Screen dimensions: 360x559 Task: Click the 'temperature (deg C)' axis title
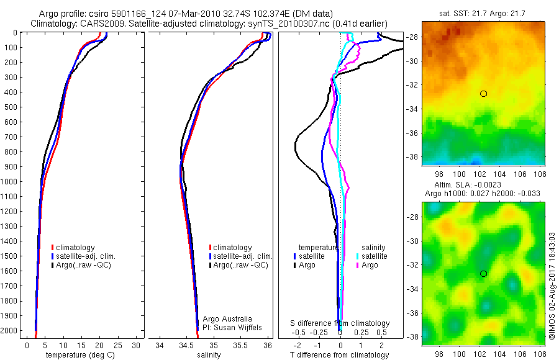[x=78, y=355]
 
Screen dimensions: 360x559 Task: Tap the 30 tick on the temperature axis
[x=137, y=344]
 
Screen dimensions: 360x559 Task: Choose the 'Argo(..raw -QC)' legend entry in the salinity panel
[x=239, y=265]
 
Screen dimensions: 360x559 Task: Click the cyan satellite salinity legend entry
[x=371, y=256]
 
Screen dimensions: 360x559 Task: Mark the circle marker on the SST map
[x=483, y=93]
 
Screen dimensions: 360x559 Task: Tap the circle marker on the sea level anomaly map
[x=483, y=273]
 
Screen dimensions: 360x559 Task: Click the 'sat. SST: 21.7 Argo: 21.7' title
[x=483, y=13]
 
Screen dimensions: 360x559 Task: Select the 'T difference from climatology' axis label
[x=340, y=355]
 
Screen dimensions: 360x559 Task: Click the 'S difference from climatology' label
[x=340, y=323]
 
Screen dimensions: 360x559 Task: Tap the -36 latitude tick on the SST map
[x=412, y=133]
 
